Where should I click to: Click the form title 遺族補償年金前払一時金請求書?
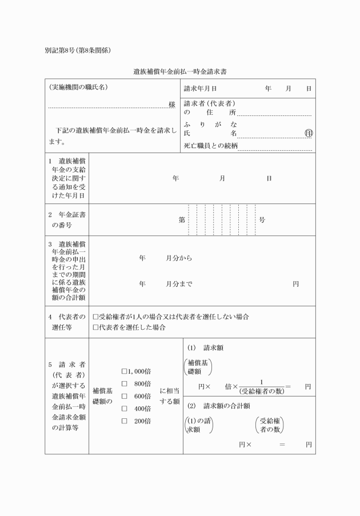(x=180, y=72)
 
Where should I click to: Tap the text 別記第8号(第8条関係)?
(x=77, y=50)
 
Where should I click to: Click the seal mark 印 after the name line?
(x=309, y=133)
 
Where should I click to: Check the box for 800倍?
(x=124, y=383)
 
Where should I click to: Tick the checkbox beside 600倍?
(x=124, y=396)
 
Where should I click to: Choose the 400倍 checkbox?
(x=124, y=409)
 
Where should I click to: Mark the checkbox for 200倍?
(x=124, y=421)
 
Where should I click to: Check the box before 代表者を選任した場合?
(x=95, y=327)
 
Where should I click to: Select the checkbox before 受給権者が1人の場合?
(x=95, y=316)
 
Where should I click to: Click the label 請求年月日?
(x=200, y=89)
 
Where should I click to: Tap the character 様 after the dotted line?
(x=172, y=105)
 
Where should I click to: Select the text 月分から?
(x=179, y=258)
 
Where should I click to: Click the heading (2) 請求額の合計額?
(x=218, y=406)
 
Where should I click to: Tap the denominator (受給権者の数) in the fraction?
(x=261, y=391)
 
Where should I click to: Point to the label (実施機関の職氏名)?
(x=78, y=88)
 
